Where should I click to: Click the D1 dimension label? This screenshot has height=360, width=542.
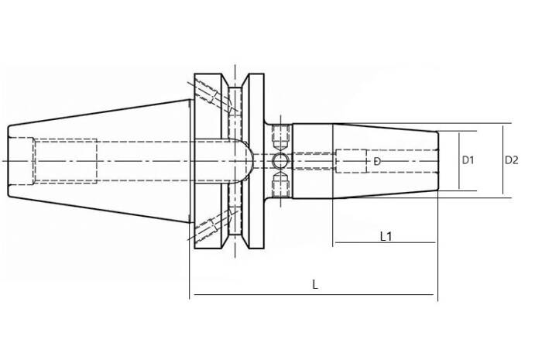(468, 160)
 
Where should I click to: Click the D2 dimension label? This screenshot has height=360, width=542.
(512, 160)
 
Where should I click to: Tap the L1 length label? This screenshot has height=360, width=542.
(386, 237)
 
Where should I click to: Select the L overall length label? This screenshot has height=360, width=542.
(315, 285)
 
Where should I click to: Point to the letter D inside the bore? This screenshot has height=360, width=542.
(377, 161)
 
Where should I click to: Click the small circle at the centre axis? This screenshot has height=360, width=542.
(280, 161)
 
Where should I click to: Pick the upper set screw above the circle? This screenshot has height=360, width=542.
(280, 137)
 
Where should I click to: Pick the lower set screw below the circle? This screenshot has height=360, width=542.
(280, 185)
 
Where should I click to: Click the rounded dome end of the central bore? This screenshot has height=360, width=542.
(246, 161)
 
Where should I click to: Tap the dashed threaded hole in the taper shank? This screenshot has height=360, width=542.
(65, 161)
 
